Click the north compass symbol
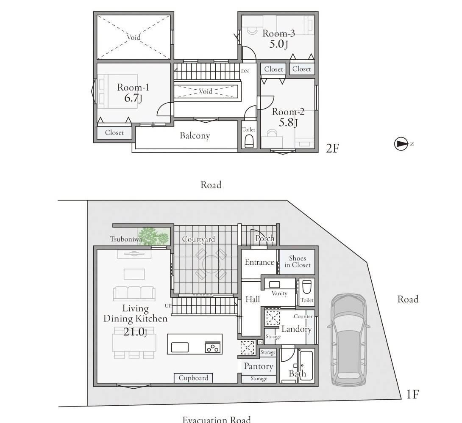pos(401,144)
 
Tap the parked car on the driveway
pos(349,340)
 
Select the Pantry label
pos(259,366)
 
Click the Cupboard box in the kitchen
pos(193,378)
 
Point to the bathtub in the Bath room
pos(306,365)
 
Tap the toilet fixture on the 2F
pos(249,142)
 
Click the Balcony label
pos(195,135)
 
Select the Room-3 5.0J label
pos(278,38)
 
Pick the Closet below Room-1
pos(114,132)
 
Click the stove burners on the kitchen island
pos(213,347)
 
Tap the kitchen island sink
pos(180,347)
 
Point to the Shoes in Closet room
pos(297,262)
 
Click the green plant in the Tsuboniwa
pos(153,236)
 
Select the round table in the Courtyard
pos(211,264)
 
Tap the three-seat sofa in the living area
pos(134,294)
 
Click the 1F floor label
pos(412,395)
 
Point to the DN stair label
pos(245,71)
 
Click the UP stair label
pos(168,306)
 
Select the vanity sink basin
pos(275,285)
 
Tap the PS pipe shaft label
pos(260,342)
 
